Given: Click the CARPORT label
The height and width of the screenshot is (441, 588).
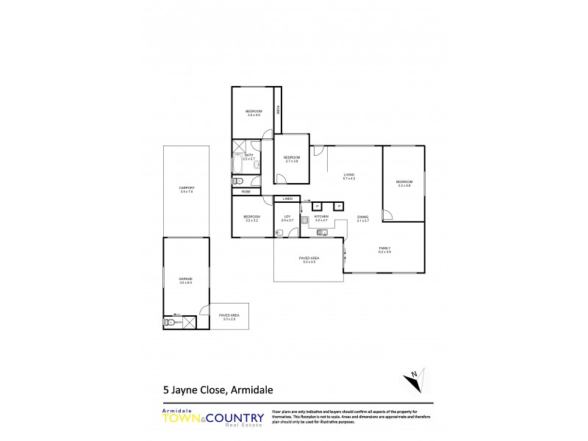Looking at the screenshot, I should (x=185, y=188).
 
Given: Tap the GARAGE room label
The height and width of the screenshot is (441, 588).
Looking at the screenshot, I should (x=185, y=279).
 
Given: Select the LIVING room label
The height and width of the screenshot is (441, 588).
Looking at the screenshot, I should (x=348, y=175).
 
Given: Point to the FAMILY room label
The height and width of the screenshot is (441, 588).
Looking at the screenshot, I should (x=384, y=248).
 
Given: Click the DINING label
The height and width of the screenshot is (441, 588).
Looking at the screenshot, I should (x=362, y=217).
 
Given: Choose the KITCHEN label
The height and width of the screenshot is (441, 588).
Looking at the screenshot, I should (x=321, y=217).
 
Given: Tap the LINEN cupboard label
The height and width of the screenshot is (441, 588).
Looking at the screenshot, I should (x=287, y=199).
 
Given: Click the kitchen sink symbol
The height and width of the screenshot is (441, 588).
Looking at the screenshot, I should (x=322, y=232).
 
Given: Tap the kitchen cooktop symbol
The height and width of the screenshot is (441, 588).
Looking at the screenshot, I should (x=304, y=220).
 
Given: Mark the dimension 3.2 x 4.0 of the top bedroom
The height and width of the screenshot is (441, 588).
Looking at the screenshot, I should (x=254, y=115).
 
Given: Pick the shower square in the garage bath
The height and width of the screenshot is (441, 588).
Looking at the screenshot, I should (x=189, y=321).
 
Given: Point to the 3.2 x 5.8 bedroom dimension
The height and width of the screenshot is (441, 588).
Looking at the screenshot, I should (x=404, y=185).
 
